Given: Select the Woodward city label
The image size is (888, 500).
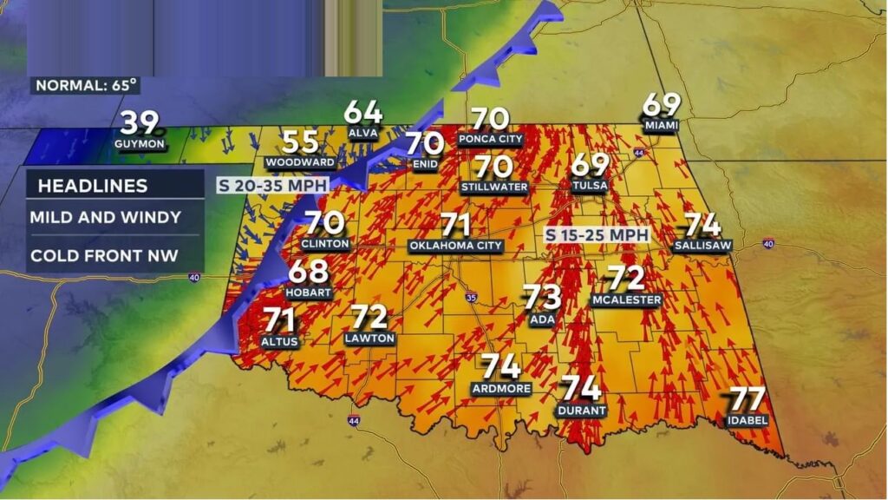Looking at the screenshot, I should [x=300, y=162].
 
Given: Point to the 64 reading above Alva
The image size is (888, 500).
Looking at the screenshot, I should [x=363, y=113].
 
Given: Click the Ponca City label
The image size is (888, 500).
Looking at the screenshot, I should [x=491, y=139].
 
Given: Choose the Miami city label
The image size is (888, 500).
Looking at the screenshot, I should [x=661, y=125].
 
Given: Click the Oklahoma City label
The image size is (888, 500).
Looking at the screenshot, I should [x=456, y=246].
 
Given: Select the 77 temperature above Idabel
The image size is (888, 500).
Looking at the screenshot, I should [x=747, y=400].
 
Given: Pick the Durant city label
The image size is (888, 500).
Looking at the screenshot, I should [x=583, y=410].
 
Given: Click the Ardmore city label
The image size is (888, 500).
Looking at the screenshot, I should [x=501, y=389].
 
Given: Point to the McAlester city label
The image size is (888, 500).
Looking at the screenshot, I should [x=626, y=299].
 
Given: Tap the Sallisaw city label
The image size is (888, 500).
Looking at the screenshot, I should [x=702, y=246].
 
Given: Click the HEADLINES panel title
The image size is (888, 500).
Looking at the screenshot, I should [x=92, y=185].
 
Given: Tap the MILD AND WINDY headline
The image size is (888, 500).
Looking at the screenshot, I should [x=105, y=217].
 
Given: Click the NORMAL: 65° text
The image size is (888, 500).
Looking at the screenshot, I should [x=86, y=85].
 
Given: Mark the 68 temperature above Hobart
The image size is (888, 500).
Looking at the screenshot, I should [x=309, y=272].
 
